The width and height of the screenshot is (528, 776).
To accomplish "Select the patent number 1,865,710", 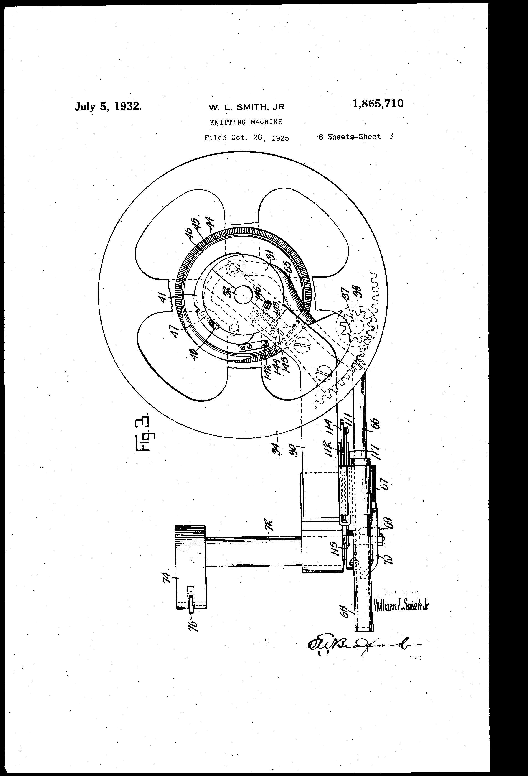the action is (x=378, y=104).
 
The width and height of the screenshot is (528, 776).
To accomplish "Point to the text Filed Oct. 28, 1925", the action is (x=247, y=138).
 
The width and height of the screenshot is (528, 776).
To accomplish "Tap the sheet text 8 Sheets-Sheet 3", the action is (x=356, y=137).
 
